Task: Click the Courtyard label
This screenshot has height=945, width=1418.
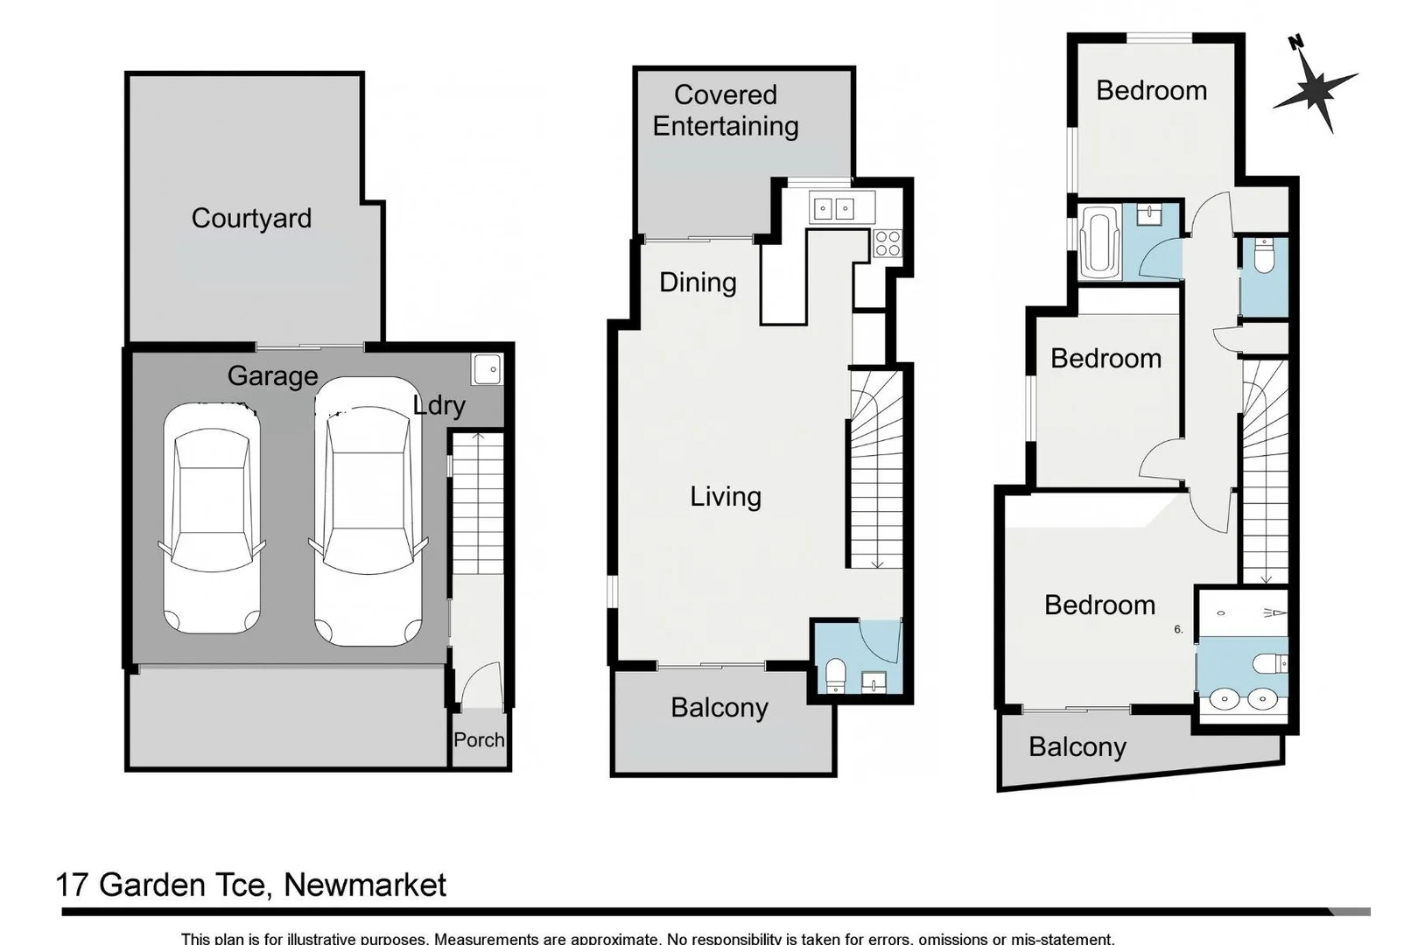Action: pyautogui.click(x=251, y=218)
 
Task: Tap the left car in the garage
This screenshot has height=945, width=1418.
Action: pyautogui.click(x=212, y=518)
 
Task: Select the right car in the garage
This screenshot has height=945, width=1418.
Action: pyautogui.click(x=368, y=512)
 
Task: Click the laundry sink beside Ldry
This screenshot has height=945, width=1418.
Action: pyautogui.click(x=487, y=369)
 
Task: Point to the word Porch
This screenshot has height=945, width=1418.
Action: pyautogui.click(x=479, y=740)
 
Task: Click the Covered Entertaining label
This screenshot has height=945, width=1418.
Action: pyautogui.click(x=726, y=110)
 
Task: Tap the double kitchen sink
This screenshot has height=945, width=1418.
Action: pyautogui.click(x=832, y=209)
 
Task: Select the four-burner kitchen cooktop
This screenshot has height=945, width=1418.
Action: pyautogui.click(x=887, y=242)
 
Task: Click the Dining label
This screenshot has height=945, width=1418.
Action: pyautogui.click(x=698, y=282)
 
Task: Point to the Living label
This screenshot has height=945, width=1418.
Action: pyautogui.click(x=726, y=496)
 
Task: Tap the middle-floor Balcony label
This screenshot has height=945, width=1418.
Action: pyautogui.click(x=720, y=707)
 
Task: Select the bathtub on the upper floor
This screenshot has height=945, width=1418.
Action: pyautogui.click(x=1100, y=242)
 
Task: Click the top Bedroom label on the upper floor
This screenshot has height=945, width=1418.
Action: pyautogui.click(x=1151, y=90)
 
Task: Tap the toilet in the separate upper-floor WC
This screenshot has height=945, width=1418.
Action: pyautogui.click(x=1264, y=257)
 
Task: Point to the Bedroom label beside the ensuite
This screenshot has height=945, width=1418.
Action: pyautogui.click(x=1099, y=605)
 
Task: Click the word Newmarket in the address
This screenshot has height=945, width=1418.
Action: pyautogui.click(x=365, y=885)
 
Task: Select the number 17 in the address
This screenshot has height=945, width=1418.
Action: pyautogui.click(x=72, y=885)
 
